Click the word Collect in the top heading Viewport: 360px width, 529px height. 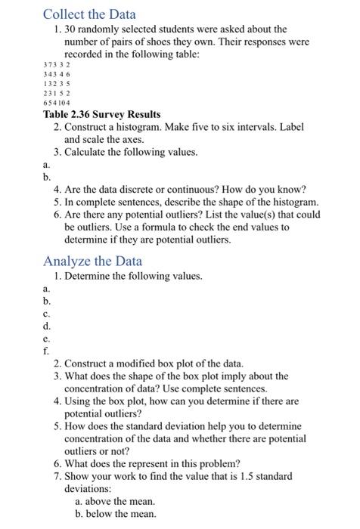coord(64,14)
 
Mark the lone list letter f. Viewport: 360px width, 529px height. coord(47,351)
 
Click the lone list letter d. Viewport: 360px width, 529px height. coord(47,326)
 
